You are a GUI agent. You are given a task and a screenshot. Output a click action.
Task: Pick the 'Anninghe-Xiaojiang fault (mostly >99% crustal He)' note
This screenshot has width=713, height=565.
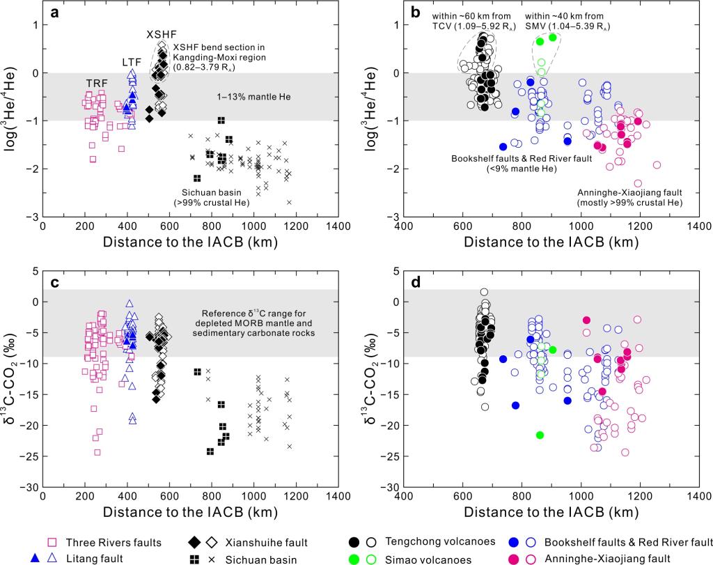(x=629, y=196)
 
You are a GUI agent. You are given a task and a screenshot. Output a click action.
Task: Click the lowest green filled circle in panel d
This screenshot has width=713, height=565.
(x=540, y=435)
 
